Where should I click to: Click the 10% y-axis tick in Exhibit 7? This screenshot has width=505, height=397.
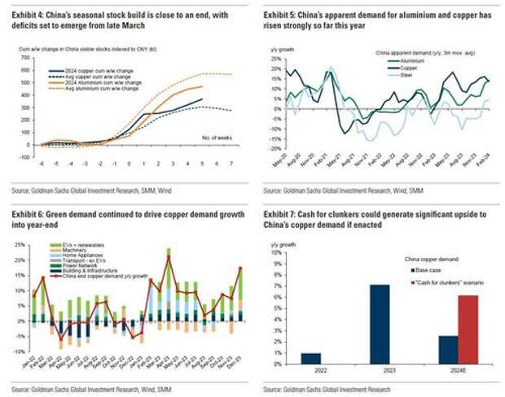(274, 251)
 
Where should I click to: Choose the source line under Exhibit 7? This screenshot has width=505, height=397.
(348, 386)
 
